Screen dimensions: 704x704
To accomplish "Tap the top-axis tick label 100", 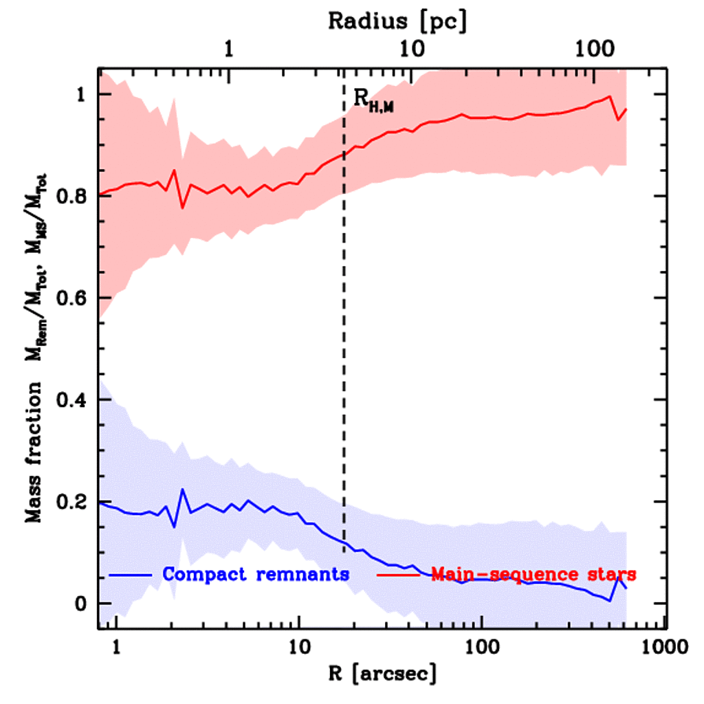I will [x=594, y=51].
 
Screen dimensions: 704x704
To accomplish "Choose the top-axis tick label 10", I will [x=411, y=51].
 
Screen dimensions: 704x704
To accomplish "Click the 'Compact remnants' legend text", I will [x=256, y=573].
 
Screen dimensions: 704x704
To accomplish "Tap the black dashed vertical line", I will [x=344, y=344].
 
